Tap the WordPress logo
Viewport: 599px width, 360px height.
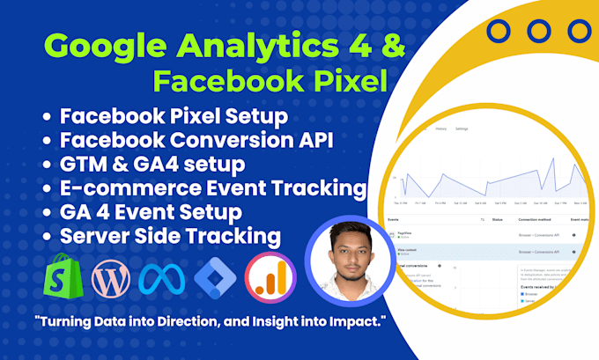(111, 278)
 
